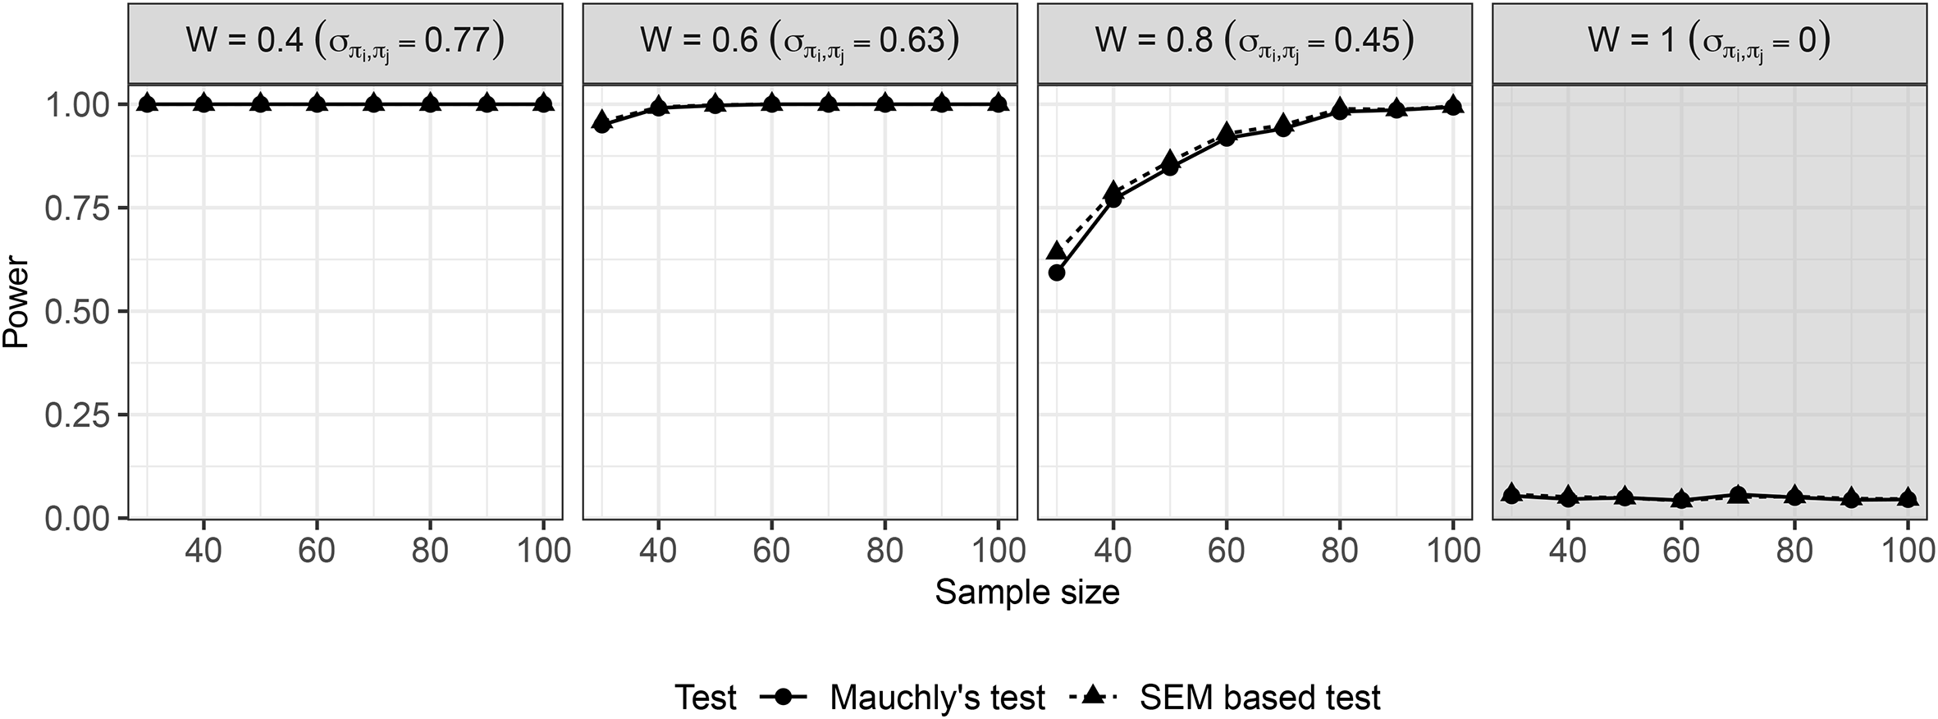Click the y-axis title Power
pos(16,304)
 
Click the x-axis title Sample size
pos(1027,592)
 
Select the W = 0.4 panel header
pos(345,43)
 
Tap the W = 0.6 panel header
pos(800,43)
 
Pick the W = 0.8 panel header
pos(1255,43)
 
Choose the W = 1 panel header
pos(1709,43)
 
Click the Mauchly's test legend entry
pos(903,698)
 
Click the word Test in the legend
pos(706,698)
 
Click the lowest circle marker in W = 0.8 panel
pos(1057,272)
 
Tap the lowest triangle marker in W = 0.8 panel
pos(1057,251)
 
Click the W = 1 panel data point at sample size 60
pos(1681,500)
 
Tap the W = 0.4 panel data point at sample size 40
pos(203,103)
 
